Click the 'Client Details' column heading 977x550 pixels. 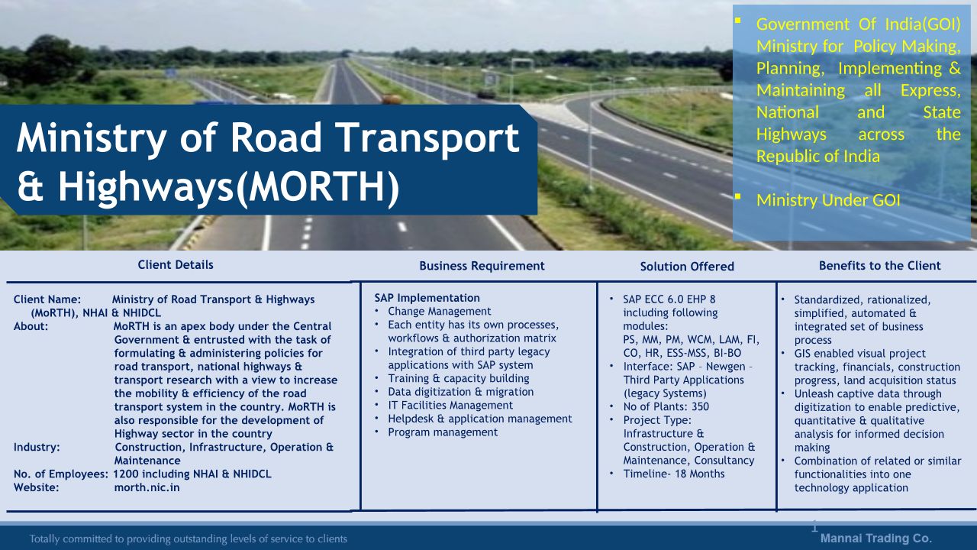pyautogui.click(x=176, y=265)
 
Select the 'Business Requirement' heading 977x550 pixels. pyautogui.click(x=482, y=267)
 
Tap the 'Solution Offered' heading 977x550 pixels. pyautogui.click(x=687, y=267)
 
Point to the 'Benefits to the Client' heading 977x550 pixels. pyautogui.click(x=880, y=266)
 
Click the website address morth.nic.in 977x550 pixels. pyautogui.click(x=147, y=487)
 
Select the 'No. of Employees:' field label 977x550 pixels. pyautogui.click(x=60, y=474)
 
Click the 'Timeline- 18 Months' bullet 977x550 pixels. pyautogui.click(x=674, y=474)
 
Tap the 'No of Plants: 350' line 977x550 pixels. pyautogui.click(x=666, y=407)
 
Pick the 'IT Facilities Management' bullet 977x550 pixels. pyautogui.click(x=450, y=406)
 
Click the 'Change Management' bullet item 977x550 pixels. pyautogui.click(x=439, y=312)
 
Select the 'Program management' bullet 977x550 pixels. pyautogui.click(x=443, y=432)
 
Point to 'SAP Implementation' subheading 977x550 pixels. pyautogui.click(x=427, y=298)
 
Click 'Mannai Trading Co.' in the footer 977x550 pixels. pyautogui.click(x=876, y=539)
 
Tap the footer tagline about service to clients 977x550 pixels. pyautogui.click(x=189, y=539)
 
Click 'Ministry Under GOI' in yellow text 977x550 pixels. pyautogui.click(x=828, y=200)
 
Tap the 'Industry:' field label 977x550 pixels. pyautogui.click(x=37, y=448)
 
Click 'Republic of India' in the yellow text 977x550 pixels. pyautogui.click(x=818, y=157)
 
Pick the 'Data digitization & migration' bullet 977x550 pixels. pyautogui.click(x=460, y=392)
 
